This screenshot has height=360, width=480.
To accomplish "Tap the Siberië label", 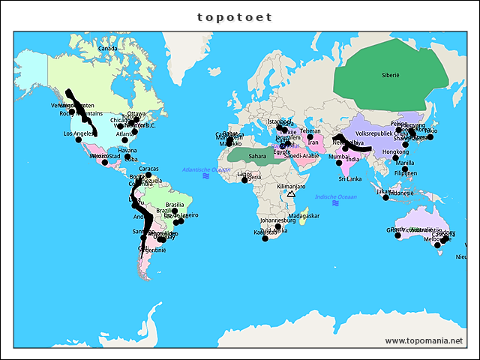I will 391,76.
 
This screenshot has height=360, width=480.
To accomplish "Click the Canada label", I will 109,49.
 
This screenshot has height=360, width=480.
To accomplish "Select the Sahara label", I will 258,156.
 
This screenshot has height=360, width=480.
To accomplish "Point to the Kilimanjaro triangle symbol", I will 291,194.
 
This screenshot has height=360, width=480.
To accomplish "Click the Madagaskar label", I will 304,216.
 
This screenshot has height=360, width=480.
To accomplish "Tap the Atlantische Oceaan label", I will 206,170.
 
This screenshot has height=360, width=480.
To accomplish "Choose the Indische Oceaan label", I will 335,196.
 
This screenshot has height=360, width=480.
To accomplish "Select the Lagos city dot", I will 244,180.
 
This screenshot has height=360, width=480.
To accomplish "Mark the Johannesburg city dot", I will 278,226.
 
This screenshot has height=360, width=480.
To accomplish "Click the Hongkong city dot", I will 395,158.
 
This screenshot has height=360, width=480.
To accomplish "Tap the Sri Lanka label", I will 350,179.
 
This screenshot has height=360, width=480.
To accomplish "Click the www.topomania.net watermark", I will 424,340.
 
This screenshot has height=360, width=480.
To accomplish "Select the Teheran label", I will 310,130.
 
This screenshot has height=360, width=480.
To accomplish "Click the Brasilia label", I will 175,205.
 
